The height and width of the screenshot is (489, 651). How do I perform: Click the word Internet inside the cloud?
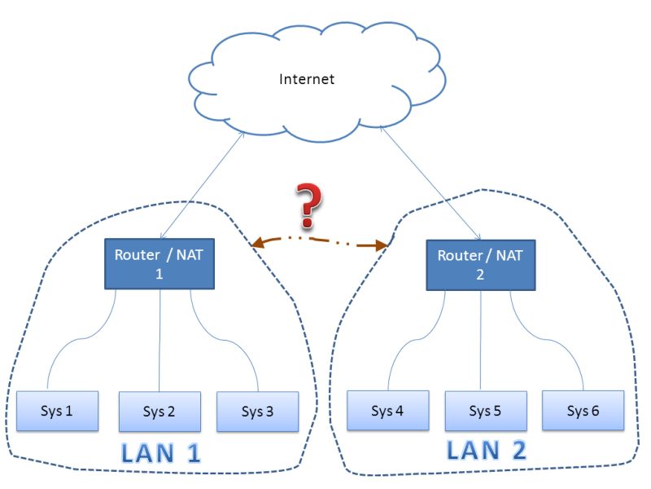[307, 79]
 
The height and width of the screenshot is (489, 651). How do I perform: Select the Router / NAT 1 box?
[159, 263]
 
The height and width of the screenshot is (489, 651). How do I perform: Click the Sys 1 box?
[57, 411]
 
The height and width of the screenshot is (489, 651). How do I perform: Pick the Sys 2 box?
[159, 412]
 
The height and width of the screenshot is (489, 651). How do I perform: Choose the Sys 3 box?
[257, 412]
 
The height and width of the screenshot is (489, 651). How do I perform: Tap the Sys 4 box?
[387, 410]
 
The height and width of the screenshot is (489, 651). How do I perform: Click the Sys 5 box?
[485, 411]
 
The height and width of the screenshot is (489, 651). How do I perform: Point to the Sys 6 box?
[583, 410]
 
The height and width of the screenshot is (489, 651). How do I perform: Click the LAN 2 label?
[487, 449]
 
